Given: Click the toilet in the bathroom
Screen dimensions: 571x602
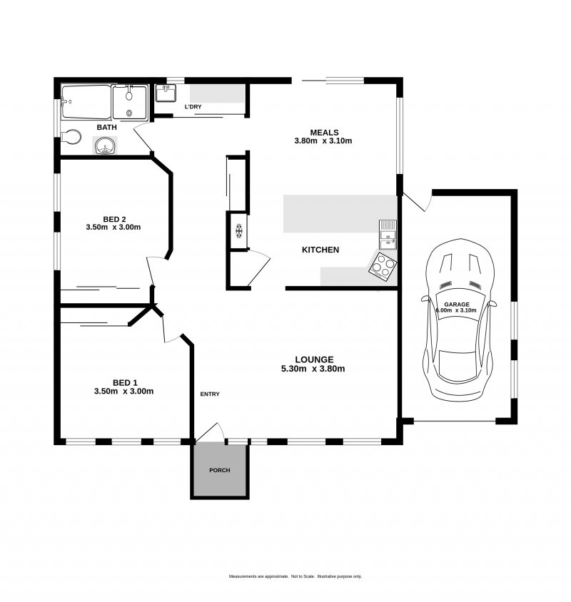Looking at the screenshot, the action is click(71, 137).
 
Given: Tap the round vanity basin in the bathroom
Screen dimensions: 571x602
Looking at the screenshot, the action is click(105, 146).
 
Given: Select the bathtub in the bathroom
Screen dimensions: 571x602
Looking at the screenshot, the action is click(86, 102).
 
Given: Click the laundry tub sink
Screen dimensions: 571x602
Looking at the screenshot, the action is click(166, 93).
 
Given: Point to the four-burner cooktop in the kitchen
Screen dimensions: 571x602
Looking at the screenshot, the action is click(383, 265).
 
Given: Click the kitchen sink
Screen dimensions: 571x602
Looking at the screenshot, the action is click(388, 235).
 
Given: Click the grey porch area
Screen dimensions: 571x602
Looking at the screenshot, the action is click(220, 470).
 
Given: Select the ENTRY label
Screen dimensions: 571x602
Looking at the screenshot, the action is click(210, 394).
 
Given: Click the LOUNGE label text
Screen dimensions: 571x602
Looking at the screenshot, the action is click(314, 359).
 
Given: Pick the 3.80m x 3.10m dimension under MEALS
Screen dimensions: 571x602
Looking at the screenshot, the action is click(323, 141).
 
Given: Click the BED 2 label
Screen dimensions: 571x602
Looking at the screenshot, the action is click(114, 220).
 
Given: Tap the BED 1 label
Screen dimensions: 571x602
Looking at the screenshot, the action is click(125, 383).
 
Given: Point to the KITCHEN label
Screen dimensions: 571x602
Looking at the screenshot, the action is click(320, 250).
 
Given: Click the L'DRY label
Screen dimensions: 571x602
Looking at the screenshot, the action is click(193, 107).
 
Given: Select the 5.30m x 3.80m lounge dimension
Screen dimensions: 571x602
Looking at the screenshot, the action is click(313, 369).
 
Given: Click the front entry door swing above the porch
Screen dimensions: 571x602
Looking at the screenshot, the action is click(210, 432).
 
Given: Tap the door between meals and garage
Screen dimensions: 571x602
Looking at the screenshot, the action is click(418, 203).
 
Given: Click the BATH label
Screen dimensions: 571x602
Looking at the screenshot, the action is click(107, 128).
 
